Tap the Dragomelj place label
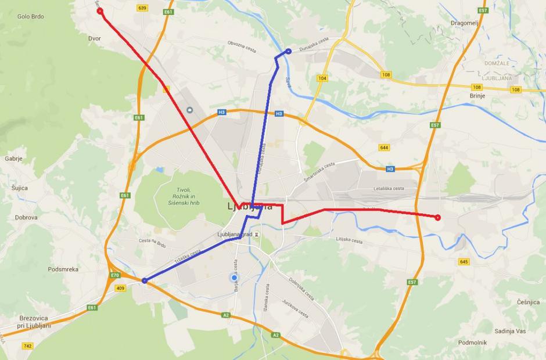click(464, 23)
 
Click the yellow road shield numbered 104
click(322, 78)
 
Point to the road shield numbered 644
click(384, 147)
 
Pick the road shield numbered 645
click(463, 262)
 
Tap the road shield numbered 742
click(27, 345)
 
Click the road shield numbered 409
click(120, 288)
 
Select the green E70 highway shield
click(115, 275)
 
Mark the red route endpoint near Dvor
click(100, 11)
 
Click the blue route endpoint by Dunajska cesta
click(288, 52)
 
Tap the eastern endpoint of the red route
click(437, 218)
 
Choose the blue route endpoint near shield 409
click(144, 281)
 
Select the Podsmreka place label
click(63, 269)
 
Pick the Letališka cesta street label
click(389, 188)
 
